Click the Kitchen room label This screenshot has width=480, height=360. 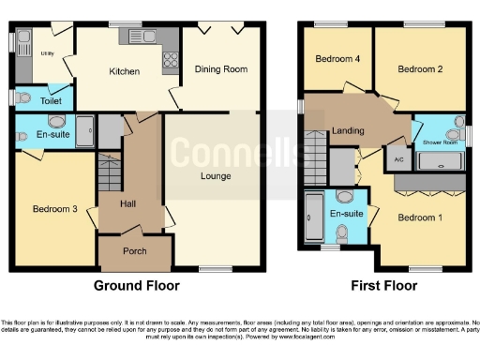pyautogui.click(x=124, y=71)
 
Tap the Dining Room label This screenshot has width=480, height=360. pyautogui.click(x=220, y=68)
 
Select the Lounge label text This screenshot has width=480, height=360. pyautogui.click(x=215, y=175)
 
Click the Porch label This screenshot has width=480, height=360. pyautogui.click(x=135, y=250)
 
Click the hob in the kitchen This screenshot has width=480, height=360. pyautogui.click(x=171, y=61)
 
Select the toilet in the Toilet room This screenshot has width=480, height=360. pyautogui.click(x=13, y=97)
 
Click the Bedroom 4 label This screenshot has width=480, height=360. pyautogui.click(x=337, y=59)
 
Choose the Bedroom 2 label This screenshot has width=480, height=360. pyautogui.click(x=419, y=68)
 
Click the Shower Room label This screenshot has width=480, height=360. pyautogui.click(x=440, y=143)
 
